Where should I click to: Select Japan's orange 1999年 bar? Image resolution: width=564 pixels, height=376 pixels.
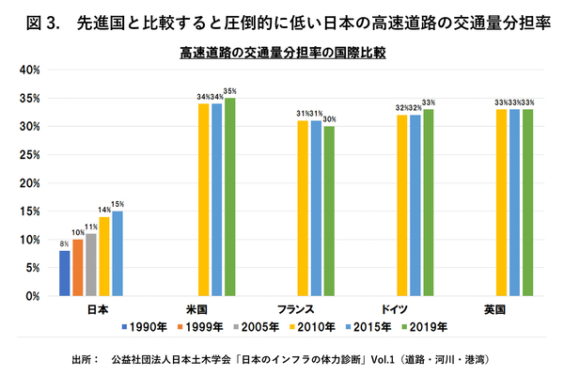coord(77,268)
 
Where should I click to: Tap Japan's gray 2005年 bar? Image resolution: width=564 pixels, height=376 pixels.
coord(90,265)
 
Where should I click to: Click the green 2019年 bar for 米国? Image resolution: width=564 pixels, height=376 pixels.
coord(229,197)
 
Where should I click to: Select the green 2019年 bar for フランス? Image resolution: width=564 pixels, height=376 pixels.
coord(329,211)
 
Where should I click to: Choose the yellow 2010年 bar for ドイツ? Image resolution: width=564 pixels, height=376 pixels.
coord(402,206)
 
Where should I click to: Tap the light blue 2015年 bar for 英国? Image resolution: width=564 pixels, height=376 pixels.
coord(514,203)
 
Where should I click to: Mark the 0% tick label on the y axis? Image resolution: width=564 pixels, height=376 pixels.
coord(31,296)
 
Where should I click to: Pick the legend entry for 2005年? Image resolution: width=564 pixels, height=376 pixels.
coord(258,327)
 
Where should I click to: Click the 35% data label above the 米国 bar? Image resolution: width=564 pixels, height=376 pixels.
coord(229,90)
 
